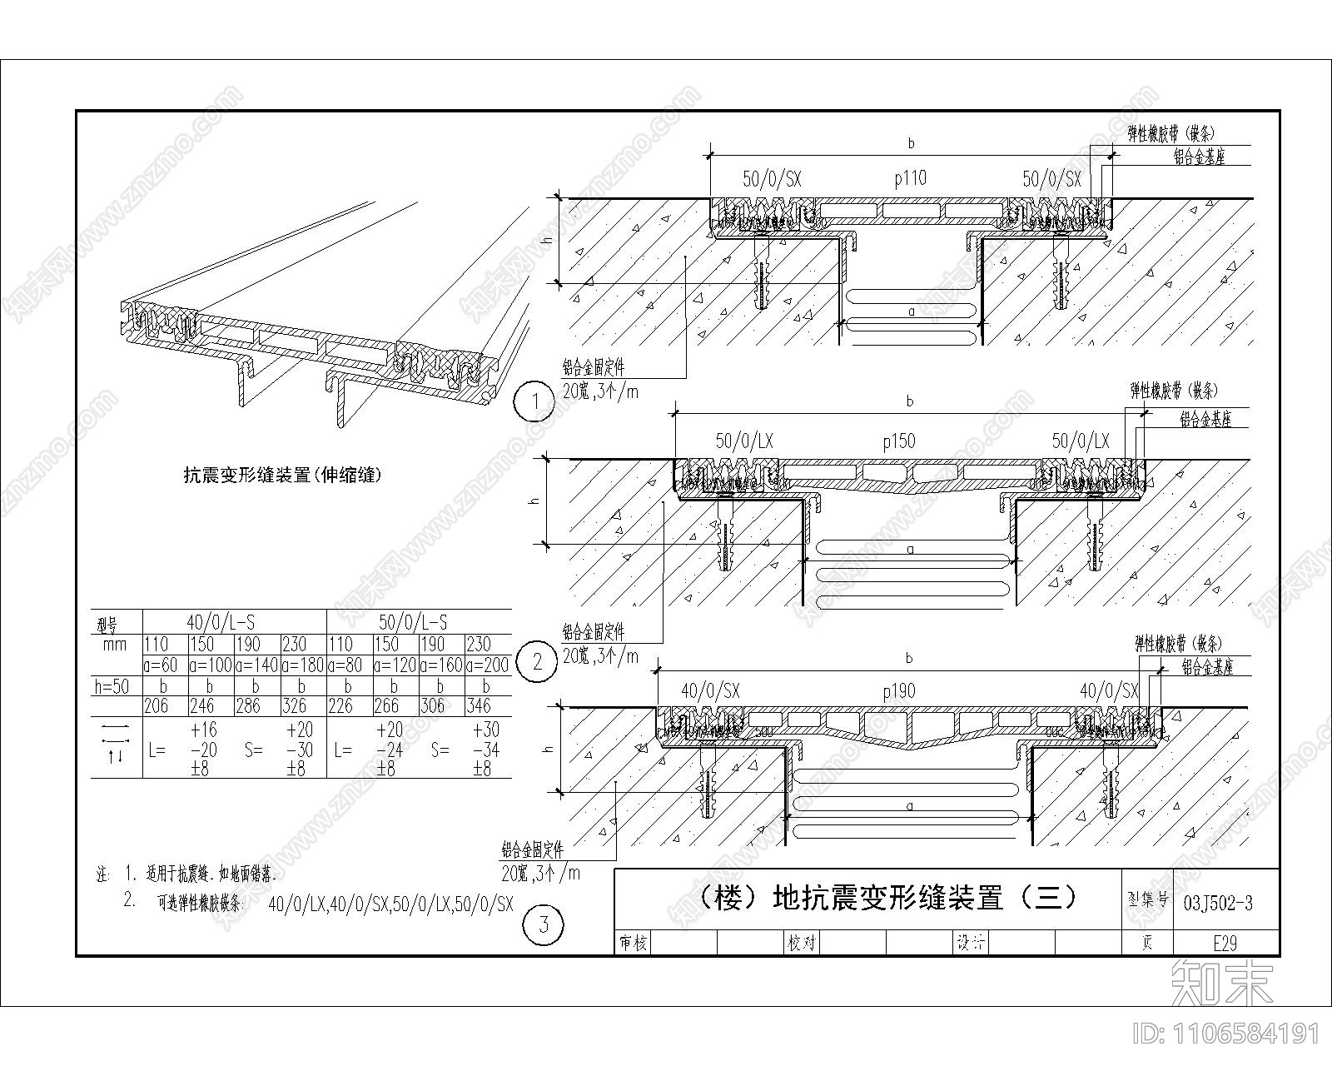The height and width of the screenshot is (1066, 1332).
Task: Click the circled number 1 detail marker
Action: [535, 403]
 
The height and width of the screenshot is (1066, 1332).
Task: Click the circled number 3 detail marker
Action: [544, 924]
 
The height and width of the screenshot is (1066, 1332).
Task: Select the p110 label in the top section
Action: [909, 177]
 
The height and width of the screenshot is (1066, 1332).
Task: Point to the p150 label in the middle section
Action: [898, 441]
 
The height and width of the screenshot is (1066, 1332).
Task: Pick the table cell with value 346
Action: [479, 706]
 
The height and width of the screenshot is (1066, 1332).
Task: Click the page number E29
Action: [1225, 943]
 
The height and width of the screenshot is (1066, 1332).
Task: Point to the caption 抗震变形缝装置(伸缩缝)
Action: [282, 476]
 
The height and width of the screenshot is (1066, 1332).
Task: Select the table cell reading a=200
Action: [487, 665]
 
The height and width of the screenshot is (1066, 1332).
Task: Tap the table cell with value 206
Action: [157, 706]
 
